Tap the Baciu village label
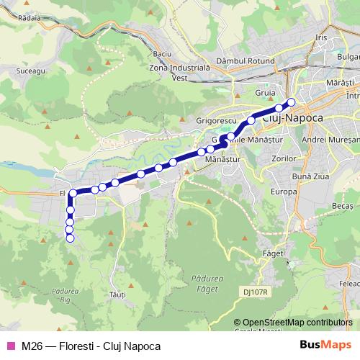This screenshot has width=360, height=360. click(x=163, y=55)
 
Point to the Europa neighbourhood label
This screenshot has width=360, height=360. click(x=284, y=192)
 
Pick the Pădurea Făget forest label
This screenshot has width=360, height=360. click(x=209, y=282)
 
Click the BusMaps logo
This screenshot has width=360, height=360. click(x=330, y=345)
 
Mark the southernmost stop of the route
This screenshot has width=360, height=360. click(x=70, y=239)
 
